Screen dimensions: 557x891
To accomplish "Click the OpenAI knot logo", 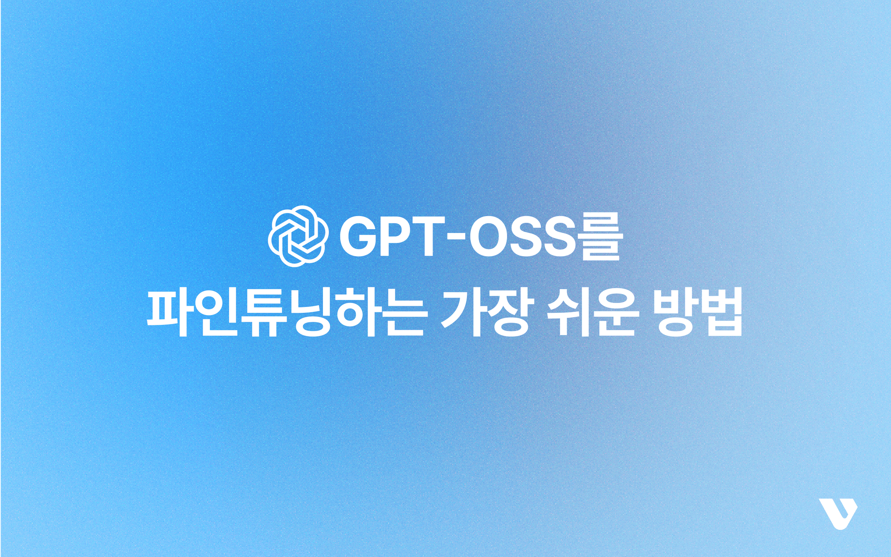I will click(x=298, y=236).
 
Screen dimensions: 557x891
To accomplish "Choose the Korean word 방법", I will click(x=698, y=312).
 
